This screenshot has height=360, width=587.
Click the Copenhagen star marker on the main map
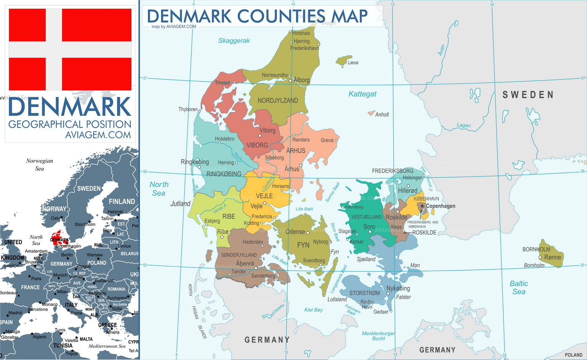coord(422,206)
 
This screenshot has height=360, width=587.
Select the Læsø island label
coord(353,63)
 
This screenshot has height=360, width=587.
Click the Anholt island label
coord(382,115)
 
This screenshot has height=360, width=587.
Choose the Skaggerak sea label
coord(234,41)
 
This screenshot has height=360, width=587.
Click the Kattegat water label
coord(362,94)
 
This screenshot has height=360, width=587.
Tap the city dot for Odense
coord(308,232)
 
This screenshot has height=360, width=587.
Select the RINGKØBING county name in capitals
coord(218,174)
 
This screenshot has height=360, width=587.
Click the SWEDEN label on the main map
coord(528,95)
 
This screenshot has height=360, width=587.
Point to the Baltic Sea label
coord(519,287)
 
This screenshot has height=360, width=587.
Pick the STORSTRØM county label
coord(364,293)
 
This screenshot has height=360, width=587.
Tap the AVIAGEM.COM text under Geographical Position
coord(98,135)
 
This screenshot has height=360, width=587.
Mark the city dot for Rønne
coord(540,258)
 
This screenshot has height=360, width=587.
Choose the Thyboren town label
coord(188,110)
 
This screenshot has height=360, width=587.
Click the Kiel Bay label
coord(313,310)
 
